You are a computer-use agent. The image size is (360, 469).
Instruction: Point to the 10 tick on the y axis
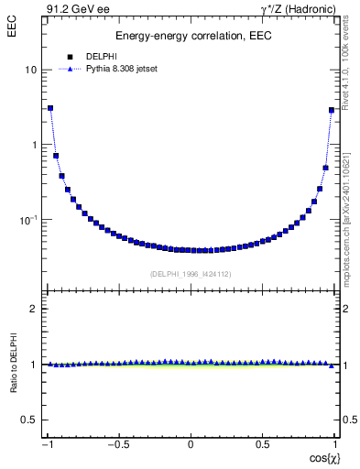coord(30,71)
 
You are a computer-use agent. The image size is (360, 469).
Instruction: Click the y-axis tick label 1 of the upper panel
coord(34,145)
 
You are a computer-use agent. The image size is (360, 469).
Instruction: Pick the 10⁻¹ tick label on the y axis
coord(28,219)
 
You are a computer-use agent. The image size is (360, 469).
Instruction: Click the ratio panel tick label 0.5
coord(30,420)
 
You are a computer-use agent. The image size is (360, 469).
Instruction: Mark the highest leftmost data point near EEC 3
coord(50,108)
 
